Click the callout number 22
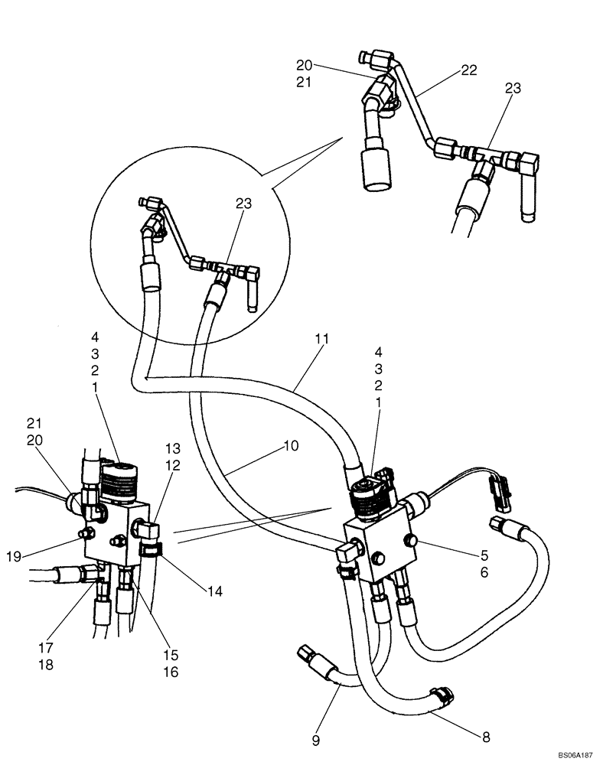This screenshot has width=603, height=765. [469, 70]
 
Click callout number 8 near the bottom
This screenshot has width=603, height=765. [485, 737]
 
